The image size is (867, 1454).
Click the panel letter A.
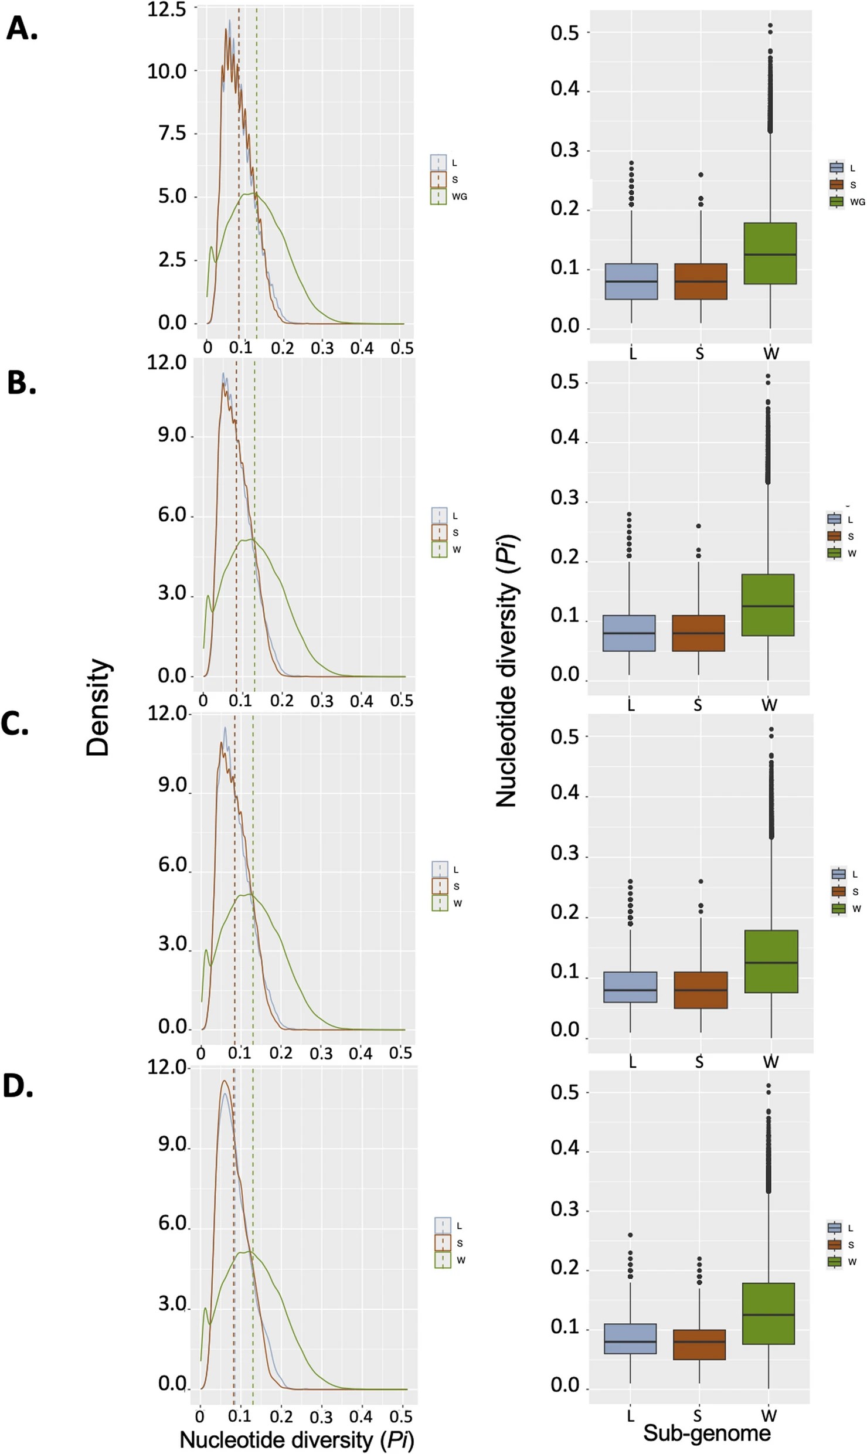click(22, 29)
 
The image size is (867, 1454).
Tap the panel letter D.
click(18, 1086)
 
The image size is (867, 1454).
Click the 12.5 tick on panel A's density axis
click(166, 9)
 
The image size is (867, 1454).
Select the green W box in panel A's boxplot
click(770, 253)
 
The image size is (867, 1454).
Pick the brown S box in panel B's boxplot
click(698, 633)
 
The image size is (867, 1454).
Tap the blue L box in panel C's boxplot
click(630, 987)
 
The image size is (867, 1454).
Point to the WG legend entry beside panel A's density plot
click(449, 197)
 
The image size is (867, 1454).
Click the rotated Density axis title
click(98, 707)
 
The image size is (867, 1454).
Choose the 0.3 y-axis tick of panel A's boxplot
click(564, 150)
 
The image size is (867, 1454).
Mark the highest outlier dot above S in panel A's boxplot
click(701, 175)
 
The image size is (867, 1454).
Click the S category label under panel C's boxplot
click(699, 1062)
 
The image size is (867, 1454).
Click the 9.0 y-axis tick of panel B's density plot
click(172, 436)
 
